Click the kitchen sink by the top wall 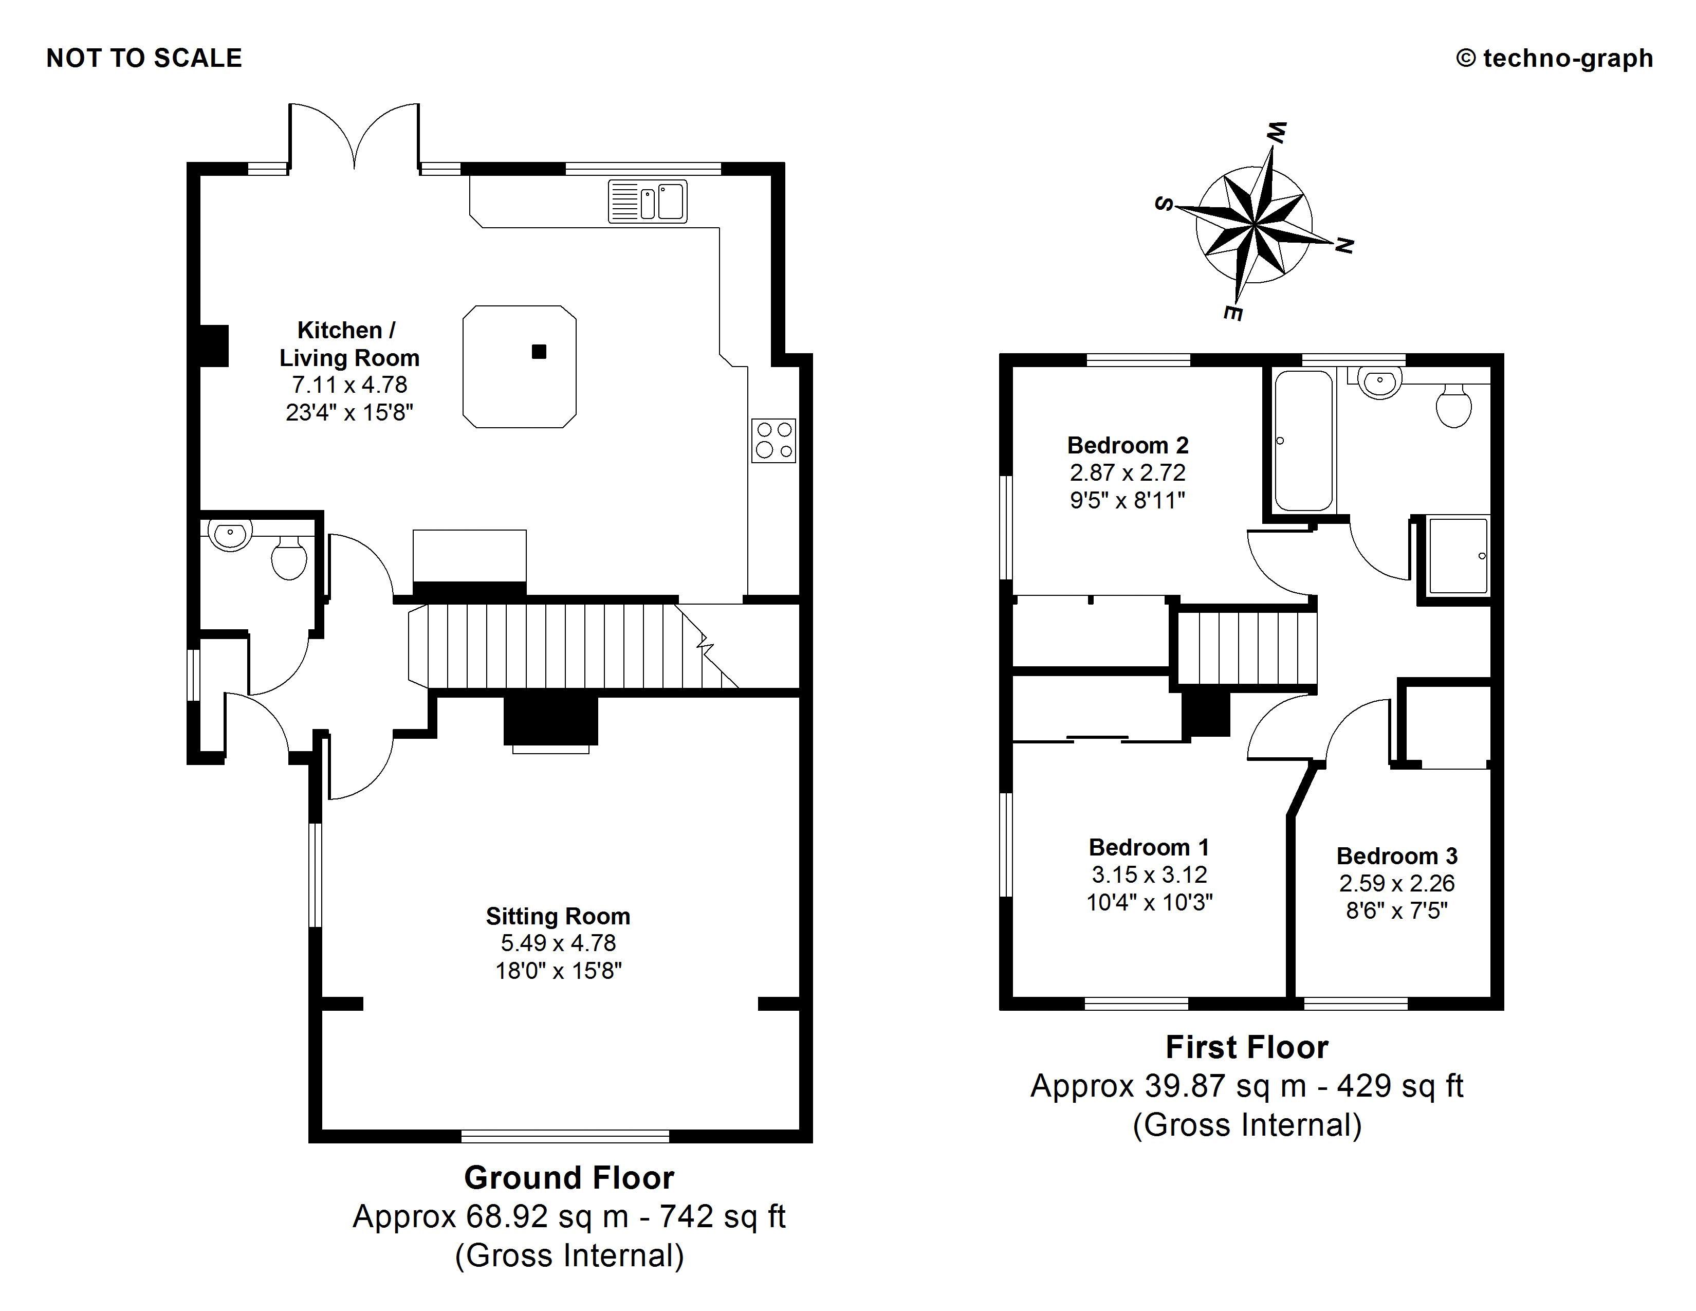point(648,201)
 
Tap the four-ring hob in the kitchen point(773,441)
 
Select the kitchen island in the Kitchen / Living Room point(519,367)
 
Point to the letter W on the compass point(1276,133)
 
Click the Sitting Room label point(558,917)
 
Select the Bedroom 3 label point(1396,856)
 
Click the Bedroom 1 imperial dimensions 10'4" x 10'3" point(1149,902)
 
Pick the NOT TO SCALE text point(144,58)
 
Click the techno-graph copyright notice point(1554,58)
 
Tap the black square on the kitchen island point(539,352)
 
